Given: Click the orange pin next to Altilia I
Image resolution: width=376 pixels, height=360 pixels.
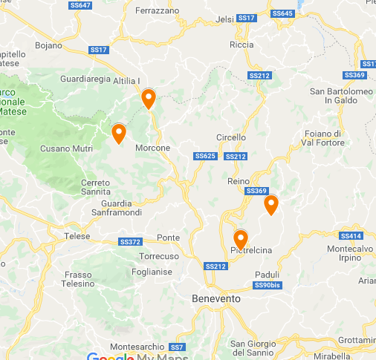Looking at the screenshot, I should click(148, 97).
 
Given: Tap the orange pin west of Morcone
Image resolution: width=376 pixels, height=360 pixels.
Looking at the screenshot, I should click(118, 133).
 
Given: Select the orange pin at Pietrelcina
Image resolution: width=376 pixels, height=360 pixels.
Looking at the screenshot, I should click(240, 239).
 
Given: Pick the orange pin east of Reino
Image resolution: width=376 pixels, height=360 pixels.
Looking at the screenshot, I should click(271, 204).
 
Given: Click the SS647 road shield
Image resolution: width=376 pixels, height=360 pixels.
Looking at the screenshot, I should click(80, 5).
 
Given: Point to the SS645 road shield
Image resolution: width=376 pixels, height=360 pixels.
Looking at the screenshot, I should click(282, 13).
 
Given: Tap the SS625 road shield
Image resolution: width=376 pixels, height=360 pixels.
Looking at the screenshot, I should click(204, 156).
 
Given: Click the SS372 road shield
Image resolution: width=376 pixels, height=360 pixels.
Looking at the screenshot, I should click(129, 242).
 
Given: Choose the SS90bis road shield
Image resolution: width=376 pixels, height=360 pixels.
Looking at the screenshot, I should click(267, 285).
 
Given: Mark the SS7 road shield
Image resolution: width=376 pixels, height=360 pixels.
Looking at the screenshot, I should click(176, 347).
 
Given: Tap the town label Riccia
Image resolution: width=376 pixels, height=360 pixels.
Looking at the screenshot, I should click(242, 45).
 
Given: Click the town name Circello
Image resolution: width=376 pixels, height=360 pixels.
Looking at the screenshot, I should click(230, 137).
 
